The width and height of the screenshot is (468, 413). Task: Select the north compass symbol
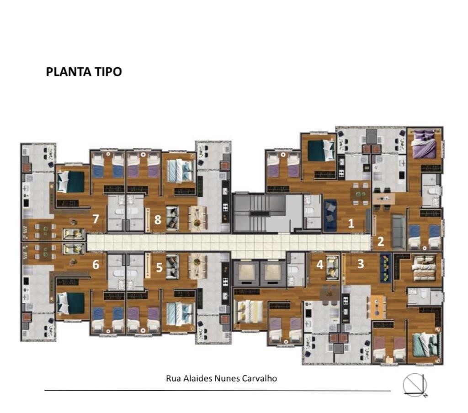pos(415,385)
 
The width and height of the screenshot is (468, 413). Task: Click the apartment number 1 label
pos(351,223)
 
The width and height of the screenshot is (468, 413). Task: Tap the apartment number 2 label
pos(381,241)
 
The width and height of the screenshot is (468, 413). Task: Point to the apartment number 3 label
pos(361,264)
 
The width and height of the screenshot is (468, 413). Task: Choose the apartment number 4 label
pos(319,265)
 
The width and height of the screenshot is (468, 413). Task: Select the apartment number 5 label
pos(159,267)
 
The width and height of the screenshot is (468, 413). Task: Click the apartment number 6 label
pos(96,265)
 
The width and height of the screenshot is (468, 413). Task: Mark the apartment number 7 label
pos(96,219)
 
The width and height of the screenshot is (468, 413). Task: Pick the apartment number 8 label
pos(158,220)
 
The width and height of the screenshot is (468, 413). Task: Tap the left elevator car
pos(245,273)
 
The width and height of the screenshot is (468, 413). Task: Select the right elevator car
pos(272,273)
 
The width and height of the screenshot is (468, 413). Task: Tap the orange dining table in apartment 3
pos(378,307)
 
